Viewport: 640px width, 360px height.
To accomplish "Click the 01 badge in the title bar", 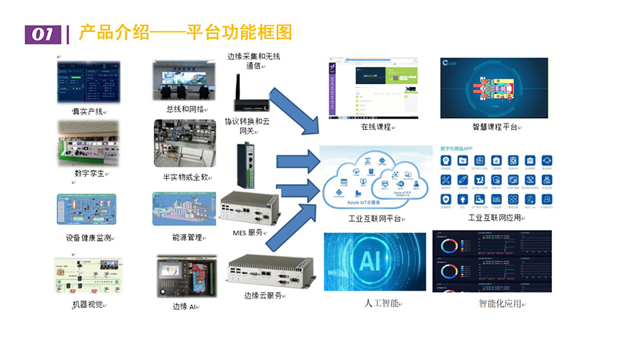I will coord(43,34).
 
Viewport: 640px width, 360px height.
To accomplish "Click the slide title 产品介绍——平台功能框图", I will coord(185,33).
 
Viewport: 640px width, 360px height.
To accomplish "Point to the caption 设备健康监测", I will coord(88,238).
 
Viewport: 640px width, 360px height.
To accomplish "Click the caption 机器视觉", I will coord(89,305).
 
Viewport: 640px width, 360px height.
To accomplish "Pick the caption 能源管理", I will coord(186,237).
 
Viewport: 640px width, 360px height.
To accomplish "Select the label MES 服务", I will coord(247,233).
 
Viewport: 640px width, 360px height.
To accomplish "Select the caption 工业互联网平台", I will coord(375,219).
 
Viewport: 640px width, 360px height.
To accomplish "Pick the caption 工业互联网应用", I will coord(495,217).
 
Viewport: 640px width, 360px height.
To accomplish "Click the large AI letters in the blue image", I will coord(370,261).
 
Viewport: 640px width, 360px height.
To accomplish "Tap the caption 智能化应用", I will coord(500,304).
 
